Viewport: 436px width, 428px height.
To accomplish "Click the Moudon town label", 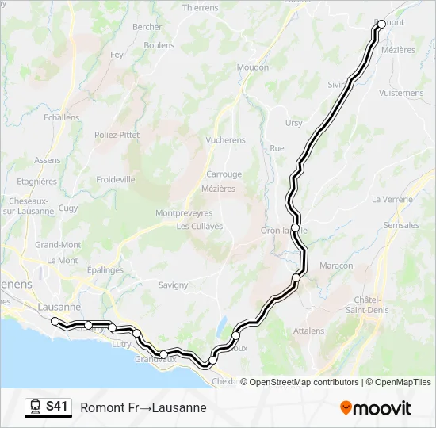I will (253, 68).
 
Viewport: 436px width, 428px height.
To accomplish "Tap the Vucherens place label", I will (226, 140).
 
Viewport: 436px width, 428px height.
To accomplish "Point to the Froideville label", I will (116, 180).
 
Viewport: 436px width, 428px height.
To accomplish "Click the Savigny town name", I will (173, 285).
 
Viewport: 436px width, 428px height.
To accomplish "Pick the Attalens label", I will (308, 331).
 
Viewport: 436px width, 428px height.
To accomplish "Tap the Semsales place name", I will (401, 225).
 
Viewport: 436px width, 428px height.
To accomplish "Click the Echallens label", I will (62, 117).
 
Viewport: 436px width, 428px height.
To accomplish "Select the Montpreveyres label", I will (184, 213).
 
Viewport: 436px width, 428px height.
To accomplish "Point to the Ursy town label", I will (294, 123).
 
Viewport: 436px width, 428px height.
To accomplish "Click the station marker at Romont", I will (381, 24).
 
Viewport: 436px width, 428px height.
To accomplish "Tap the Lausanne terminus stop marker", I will (55, 321).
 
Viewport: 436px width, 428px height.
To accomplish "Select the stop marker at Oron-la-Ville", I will (295, 228).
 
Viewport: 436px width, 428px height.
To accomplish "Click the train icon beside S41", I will (36, 407).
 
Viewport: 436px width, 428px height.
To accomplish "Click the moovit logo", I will (376, 408).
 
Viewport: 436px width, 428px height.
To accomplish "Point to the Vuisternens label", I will (401, 93).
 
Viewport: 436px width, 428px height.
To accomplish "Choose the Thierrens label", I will (200, 8).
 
